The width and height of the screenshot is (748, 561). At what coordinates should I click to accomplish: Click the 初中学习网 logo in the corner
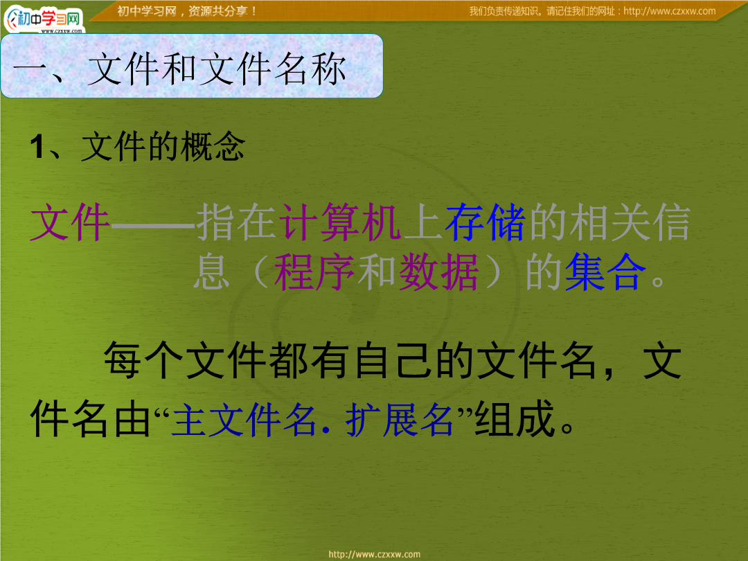point(44,19)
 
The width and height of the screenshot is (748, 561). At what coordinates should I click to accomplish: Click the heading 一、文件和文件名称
point(179,70)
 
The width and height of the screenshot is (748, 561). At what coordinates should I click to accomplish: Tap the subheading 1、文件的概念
point(137,146)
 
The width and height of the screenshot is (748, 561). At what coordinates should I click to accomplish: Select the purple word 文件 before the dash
point(70,222)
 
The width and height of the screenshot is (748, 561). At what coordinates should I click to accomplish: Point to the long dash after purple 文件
point(152,224)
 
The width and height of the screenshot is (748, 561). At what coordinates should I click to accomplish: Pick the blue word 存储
point(485,222)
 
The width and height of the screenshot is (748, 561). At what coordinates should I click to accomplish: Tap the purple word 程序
point(314,272)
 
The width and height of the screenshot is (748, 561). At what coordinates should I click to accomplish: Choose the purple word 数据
point(438,272)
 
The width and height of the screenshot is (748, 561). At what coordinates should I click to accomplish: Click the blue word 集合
point(605,272)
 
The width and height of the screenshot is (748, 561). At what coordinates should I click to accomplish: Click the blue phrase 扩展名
point(400,420)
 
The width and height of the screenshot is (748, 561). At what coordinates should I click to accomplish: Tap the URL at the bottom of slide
point(375,554)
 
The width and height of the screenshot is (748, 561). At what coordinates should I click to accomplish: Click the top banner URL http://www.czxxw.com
point(669,11)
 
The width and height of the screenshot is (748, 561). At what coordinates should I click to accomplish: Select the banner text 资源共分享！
point(223,11)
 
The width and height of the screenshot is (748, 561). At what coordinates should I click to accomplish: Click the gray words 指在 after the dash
point(236,222)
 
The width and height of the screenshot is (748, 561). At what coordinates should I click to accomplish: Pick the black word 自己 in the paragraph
point(395,360)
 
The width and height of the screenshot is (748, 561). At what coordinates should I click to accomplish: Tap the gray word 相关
point(609,222)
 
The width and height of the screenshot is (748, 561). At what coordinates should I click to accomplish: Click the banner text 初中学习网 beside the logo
point(147,11)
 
